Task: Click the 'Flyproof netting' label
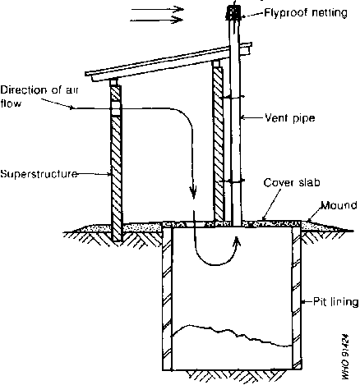click(x=306, y=13)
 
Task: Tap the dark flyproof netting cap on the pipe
click(x=233, y=12)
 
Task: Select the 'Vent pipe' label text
click(x=290, y=118)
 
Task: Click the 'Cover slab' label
click(x=292, y=182)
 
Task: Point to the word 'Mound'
click(x=339, y=205)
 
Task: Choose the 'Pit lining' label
click(x=336, y=302)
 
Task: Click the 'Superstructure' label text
click(x=39, y=174)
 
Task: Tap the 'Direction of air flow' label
click(x=39, y=97)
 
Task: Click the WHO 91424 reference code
click(x=345, y=356)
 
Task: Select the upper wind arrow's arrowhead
click(x=180, y=9)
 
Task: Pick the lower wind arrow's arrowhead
click(x=178, y=20)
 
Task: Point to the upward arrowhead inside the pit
click(x=237, y=241)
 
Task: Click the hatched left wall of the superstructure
click(x=116, y=163)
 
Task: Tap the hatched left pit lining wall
click(x=167, y=297)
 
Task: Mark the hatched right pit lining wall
click(x=297, y=297)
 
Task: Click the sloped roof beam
click(x=168, y=62)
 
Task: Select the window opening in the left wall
click(x=116, y=108)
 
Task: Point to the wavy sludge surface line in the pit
click(x=232, y=334)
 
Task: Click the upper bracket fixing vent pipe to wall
click(x=232, y=97)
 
